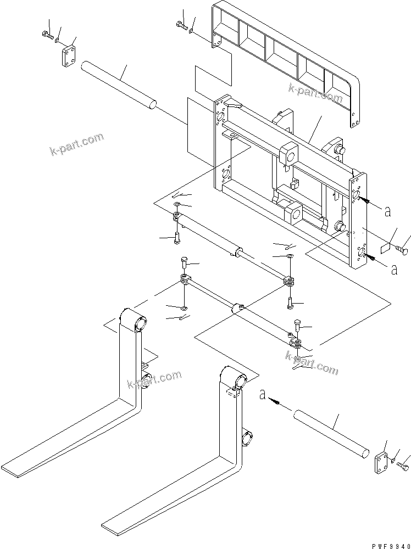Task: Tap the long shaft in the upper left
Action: coord(119,86)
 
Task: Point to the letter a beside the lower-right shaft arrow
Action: coord(263,395)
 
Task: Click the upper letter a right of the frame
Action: coord(387,211)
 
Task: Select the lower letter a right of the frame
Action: coord(394,269)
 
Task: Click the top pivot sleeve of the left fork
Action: coord(134,320)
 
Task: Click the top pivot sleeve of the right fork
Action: coord(235,378)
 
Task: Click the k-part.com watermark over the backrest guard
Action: coord(315,92)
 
